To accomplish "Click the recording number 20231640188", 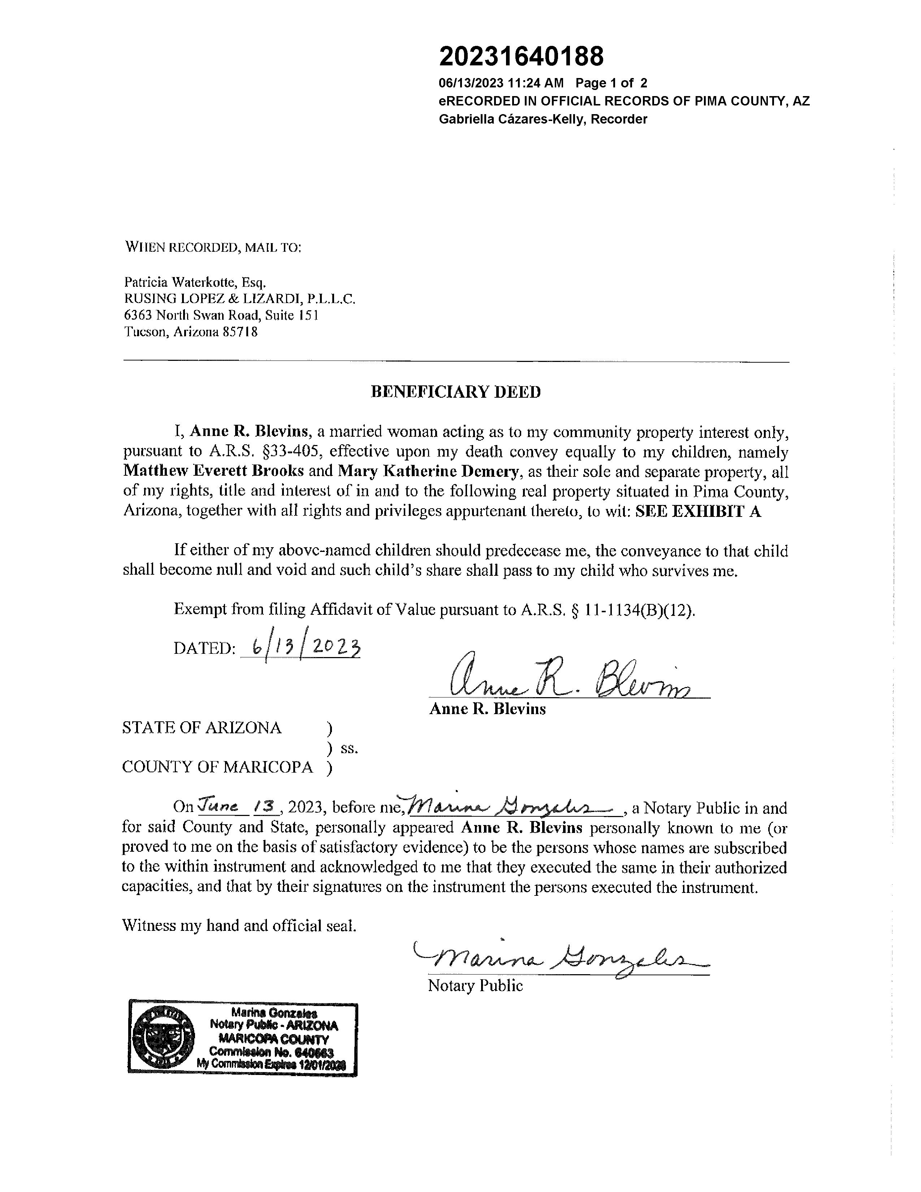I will pyautogui.click(x=521, y=57).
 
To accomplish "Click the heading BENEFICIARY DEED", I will pyautogui.click(x=455, y=392).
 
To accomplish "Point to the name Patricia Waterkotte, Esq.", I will pyautogui.click(x=195, y=282).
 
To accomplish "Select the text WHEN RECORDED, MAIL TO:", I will pyautogui.click(x=213, y=247).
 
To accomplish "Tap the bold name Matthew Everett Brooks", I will pyautogui.click(x=213, y=471).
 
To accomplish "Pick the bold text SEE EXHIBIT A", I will pyautogui.click(x=698, y=511).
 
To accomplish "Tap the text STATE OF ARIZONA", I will pyautogui.click(x=202, y=727).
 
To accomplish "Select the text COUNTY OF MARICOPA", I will pyautogui.click(x=217, y=767).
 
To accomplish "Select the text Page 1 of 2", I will pyautogui.click(x=611, y=83).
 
